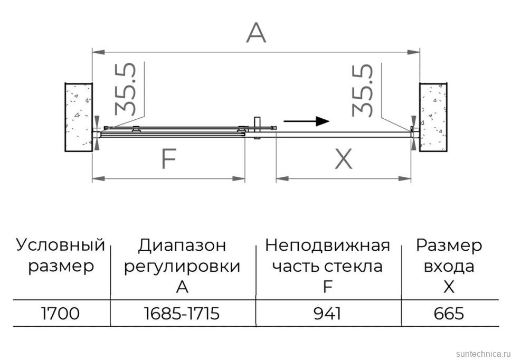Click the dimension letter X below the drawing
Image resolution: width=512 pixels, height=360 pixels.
tap(344, 159)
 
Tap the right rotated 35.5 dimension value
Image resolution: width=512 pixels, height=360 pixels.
tap(363, 90)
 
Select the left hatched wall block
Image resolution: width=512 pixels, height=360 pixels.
tap(79, 117)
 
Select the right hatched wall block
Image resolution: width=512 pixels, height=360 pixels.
tap(433, 117)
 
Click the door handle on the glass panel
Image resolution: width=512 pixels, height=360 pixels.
tap(257, 128)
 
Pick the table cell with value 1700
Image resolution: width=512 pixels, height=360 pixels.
tap(61, 314)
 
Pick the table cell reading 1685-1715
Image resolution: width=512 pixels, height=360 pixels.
tap(182, 314)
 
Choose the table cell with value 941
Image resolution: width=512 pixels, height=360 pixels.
tap(327, 314)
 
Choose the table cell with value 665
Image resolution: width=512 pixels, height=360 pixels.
tap(449, 314)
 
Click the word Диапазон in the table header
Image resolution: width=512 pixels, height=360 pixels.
tap(182, 245)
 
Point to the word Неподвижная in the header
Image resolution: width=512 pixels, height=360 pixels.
tap(327, 245)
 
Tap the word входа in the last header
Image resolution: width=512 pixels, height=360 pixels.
tap(449, 266)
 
